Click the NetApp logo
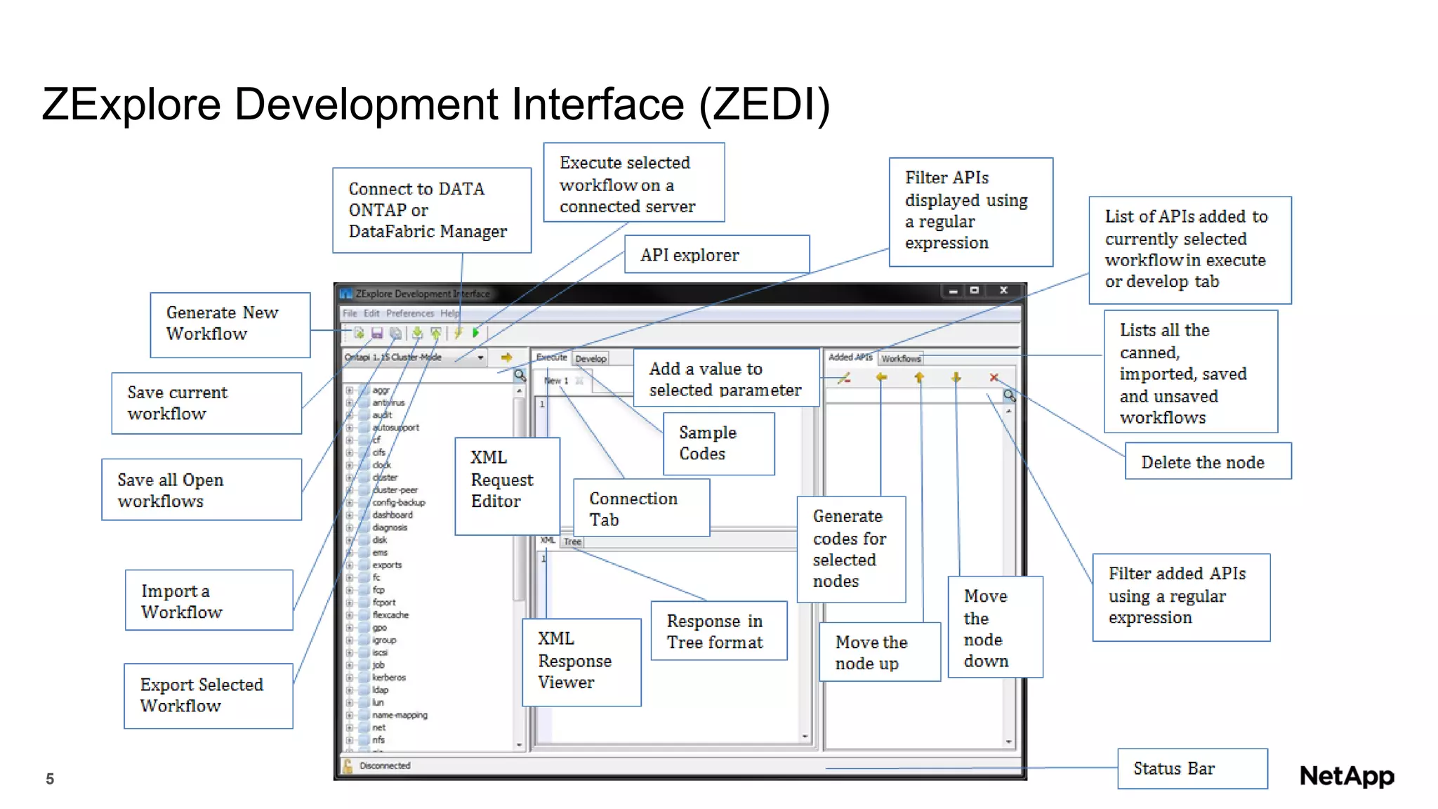pos(1346,775)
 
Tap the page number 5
pos(50,778)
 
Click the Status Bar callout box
pos(1192,768)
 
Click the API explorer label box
pos(716,254)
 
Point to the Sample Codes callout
pos(718,443)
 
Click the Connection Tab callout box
pos(640,508)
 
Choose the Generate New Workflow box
pos(230,324)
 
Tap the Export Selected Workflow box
pos(208,695)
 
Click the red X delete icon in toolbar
pos(994,378)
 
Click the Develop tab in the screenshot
pos(591,358)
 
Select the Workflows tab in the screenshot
pos(901,358)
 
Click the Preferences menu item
pos(409,313)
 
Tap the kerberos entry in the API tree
pos(388,678)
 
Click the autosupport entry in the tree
pos(395,427)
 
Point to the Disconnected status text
pos(385,765)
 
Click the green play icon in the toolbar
pos(476,333)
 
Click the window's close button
pos(1003,290)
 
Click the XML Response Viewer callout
pos(581,661)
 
